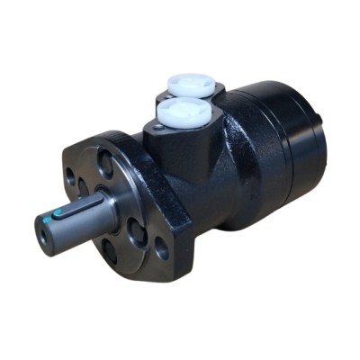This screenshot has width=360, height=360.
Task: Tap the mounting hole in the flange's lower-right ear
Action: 162,249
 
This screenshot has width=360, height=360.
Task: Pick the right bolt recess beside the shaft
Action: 137,233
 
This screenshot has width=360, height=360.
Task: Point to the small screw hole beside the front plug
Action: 158,128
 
